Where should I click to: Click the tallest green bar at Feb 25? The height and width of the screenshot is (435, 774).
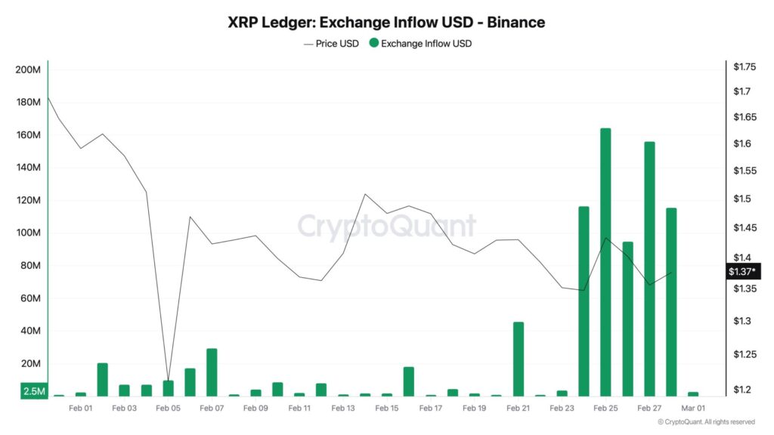[605, 261]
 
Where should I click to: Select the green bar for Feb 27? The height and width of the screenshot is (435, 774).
[649, 268]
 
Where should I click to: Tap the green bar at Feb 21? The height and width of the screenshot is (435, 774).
[518, 359]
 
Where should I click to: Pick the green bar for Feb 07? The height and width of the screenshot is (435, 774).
[212, 372]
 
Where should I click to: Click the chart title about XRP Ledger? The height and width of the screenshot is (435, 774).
[386, 23]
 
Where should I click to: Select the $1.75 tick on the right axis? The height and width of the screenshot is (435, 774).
[745, 67]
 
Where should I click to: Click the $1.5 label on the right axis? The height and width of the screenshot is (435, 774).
[741, 199]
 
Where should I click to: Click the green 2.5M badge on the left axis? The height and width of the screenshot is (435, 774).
[34, 391]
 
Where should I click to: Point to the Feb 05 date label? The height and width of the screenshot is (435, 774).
[168, 409]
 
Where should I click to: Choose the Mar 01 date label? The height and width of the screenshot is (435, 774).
[694, 409]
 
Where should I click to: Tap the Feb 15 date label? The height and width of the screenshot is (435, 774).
[386, 409]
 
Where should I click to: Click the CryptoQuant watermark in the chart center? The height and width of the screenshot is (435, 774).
[386, 226]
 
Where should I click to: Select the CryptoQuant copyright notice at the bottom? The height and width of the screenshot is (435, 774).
[706, 422]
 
